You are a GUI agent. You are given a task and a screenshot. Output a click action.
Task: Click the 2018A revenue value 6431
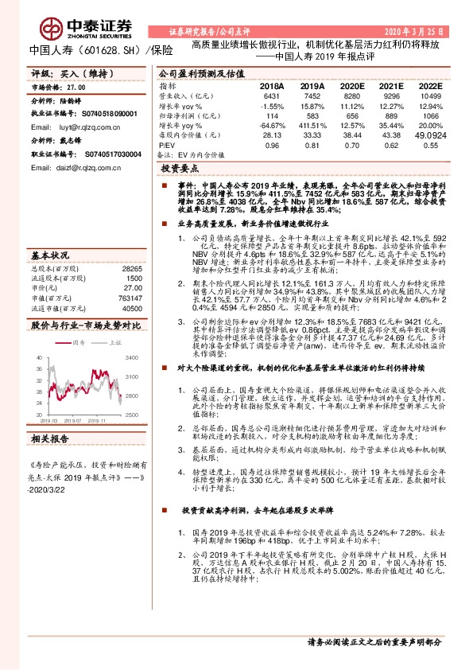272,95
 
